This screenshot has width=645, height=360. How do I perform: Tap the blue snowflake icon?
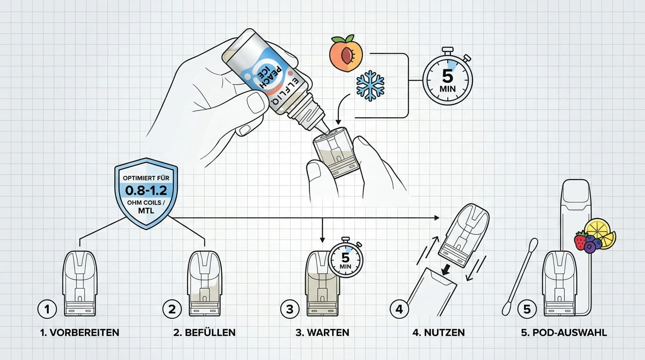[x=370, y=86]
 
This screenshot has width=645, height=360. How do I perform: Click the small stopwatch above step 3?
[x=345, y=259]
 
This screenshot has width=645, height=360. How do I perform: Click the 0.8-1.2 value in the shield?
[x=146, y=190]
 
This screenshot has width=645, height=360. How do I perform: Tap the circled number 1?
[x=47, y=309]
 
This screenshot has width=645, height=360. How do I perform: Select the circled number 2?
[x=172, y=309]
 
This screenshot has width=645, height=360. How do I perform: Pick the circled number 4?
[x=399, y=309]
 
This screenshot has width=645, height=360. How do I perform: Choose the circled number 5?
[x=527, y=309]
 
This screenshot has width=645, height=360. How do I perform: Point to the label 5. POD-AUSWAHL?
[x=564, y=333]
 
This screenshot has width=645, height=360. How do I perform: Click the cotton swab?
[x=518, y=277]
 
